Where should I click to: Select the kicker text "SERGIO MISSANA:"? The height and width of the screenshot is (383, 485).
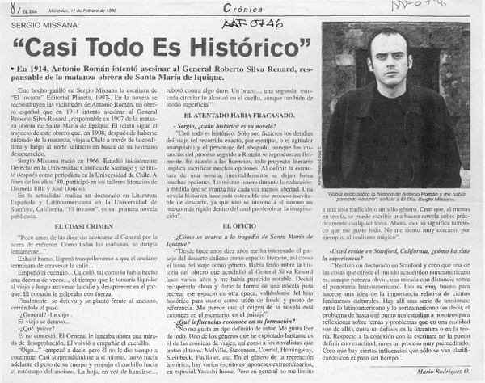[46, 25]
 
